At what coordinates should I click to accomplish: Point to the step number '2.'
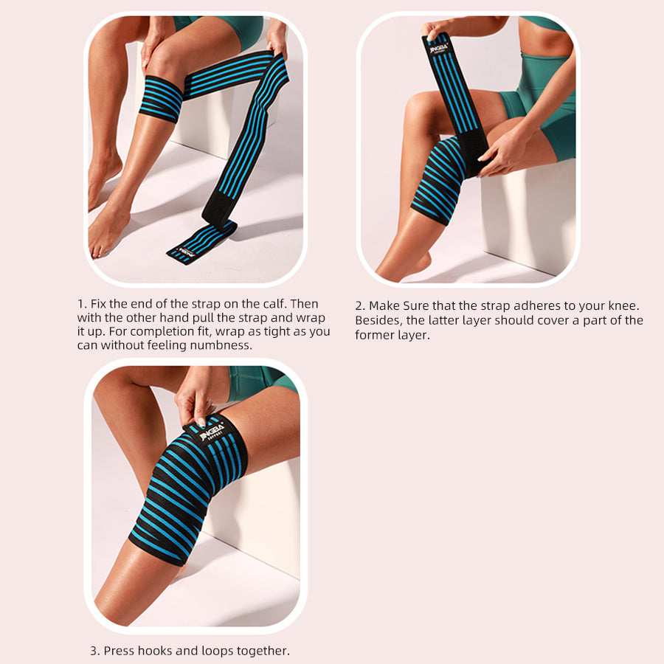pos(360,305)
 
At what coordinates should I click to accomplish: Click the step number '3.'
pos(94,651)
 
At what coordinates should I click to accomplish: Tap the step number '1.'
pos(82,304)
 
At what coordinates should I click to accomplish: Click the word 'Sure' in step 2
pos(417,305)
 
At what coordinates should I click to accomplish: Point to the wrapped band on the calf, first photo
pos(161,99)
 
